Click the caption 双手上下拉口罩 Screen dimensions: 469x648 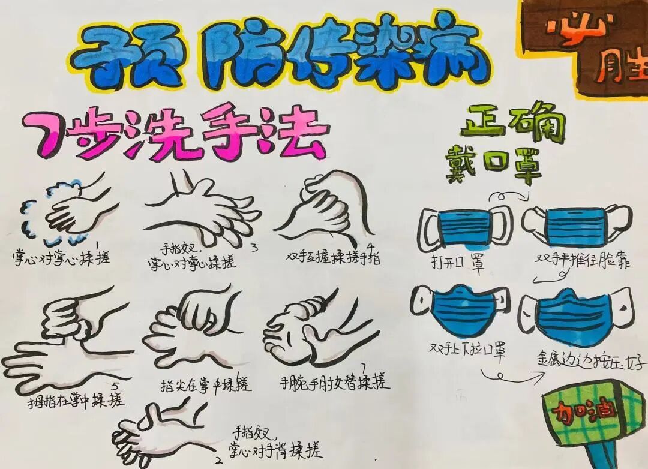(466, 349)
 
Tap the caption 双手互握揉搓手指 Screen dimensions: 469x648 (334, 258)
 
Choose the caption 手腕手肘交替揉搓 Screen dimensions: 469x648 (334, 381)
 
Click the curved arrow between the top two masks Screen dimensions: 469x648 (509, 197)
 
